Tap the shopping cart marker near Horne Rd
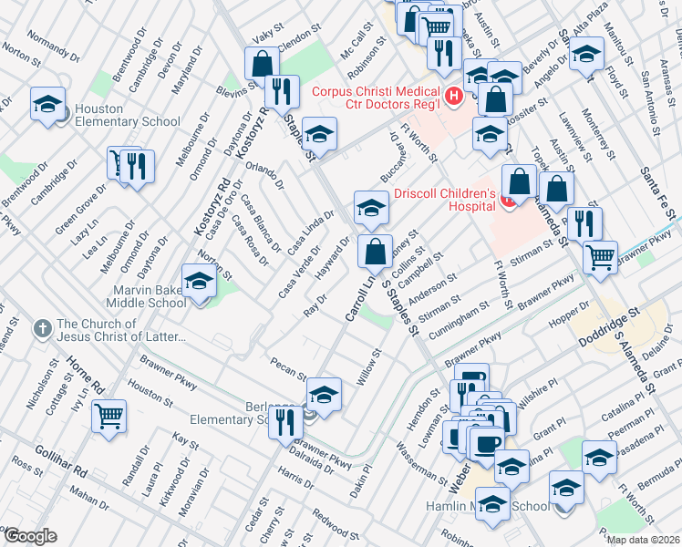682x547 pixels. click(x=109, y=416)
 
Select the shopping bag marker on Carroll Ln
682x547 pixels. click(x=375, y=249)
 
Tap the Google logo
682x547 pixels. click(x=30, y=536)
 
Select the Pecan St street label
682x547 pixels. click(x=288, y=367)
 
